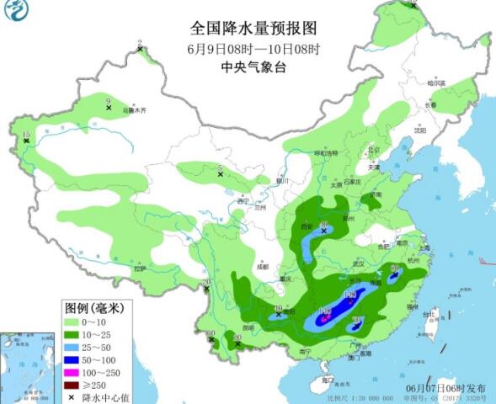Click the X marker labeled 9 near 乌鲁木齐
point(109,108)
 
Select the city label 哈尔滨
point(435,83)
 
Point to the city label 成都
point(264,266)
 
